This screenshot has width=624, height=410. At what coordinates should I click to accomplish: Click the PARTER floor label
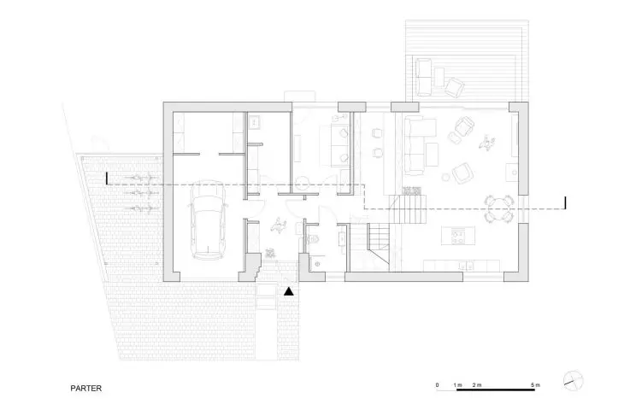pyautogui.click(x=86, y=389)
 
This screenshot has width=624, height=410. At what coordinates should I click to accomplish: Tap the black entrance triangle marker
pyautogui.click(x=289, y=291)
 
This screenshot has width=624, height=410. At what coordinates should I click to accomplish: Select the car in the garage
pyautogui.click(x=208, y=220)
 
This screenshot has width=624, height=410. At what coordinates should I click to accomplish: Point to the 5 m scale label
pyautogui.click(x=535, y=385)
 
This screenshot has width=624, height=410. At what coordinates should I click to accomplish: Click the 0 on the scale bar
pyautogui.click(x=438, y=385)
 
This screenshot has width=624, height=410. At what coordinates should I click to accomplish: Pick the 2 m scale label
pyautogui.click(x=477, y=385)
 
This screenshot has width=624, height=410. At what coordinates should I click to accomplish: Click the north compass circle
pyautogui.click(x=574, y=380)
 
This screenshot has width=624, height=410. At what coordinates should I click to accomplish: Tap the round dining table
pyautogui.click(x=498, y=208)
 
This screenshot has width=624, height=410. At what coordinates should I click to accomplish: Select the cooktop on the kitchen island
pyautogui.click(x=457, y=236)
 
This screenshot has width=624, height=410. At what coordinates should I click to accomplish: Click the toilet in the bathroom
pyautogui.click(x=313, y=240)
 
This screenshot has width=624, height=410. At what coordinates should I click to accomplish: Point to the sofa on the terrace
pyautogui.click(x=423, y=77)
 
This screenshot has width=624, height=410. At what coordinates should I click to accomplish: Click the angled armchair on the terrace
pyautogui.click(x=455, y=87)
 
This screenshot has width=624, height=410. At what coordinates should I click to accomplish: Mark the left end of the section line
pyautogui.click(x=107, y=179)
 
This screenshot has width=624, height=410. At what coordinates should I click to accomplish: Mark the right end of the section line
pyautogui.click(x=566, y=202)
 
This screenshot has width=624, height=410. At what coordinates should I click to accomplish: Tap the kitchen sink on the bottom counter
pyautogui.click(x=465, y=266)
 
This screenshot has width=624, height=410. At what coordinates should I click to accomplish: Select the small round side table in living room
pyautogui.click(x=445, y=178)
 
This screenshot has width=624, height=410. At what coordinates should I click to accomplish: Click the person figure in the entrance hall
pyautogui.click(x=279, y=225)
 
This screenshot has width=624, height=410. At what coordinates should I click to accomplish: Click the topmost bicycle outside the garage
pyautogui.click(x=139, y=179)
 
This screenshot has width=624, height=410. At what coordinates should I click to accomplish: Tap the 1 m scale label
pyautogui.click(x=457, y=385)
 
